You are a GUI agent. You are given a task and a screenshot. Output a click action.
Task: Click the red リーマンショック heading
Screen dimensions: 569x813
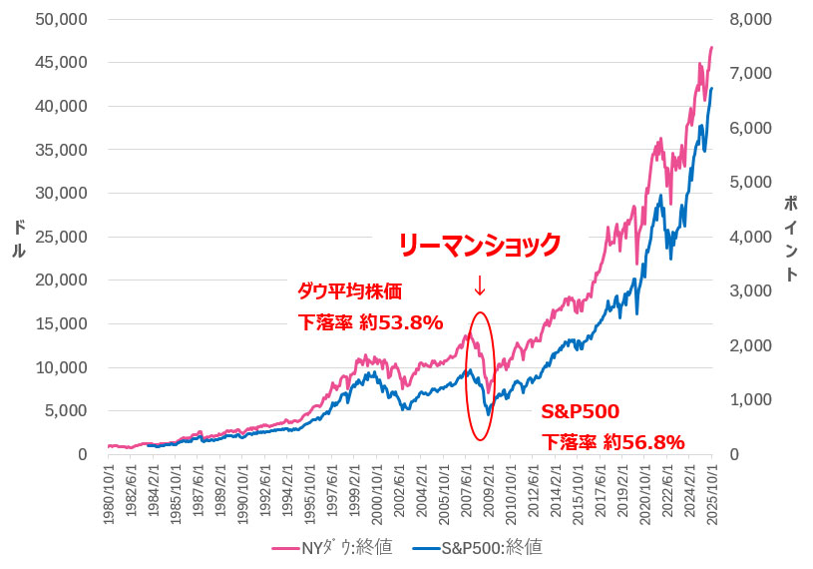(x=480, y=244)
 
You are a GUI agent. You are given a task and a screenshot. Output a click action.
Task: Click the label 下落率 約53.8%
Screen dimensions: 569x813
(x=370, y=322)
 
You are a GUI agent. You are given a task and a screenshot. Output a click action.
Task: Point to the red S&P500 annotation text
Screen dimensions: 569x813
(x=580, y=411)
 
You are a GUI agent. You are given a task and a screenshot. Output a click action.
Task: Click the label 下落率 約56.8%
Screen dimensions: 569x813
(x=612, y=442)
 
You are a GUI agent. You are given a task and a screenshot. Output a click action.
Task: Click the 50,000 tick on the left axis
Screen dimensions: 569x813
(x=63, y=19)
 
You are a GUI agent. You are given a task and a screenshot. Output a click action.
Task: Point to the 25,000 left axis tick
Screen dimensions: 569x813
(x=63, y=237)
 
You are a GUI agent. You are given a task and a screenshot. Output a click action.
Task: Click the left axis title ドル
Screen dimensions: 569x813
(x=18, y=237)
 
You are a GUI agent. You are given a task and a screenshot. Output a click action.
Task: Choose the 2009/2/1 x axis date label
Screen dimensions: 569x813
(x=488, y=485)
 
